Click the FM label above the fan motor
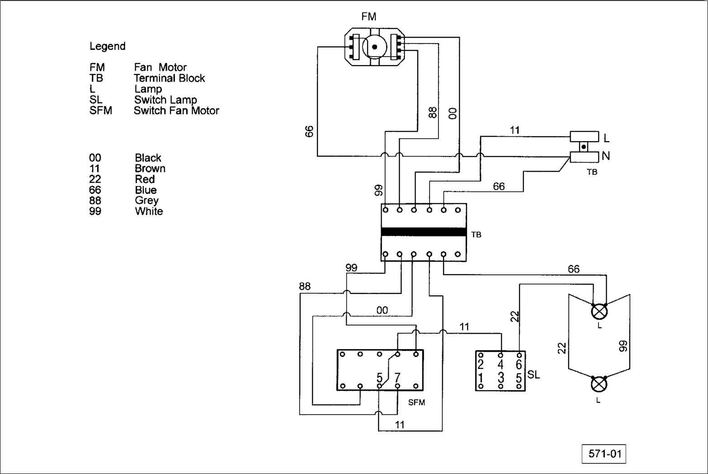369,16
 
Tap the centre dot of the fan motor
374,47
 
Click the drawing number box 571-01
604,454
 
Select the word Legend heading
108,46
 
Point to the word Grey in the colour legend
146,201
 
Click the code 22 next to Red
95,179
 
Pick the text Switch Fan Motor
176,110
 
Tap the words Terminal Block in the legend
170,78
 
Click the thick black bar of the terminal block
424,232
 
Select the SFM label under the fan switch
416,402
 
